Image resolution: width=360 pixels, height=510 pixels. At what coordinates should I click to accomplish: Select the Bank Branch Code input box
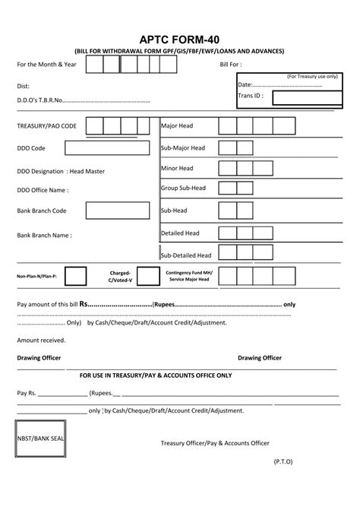tap(117, 211)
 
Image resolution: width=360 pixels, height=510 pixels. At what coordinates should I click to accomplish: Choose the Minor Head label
tap(177, 168)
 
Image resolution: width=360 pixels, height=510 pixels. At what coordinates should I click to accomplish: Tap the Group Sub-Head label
tap(183, 188)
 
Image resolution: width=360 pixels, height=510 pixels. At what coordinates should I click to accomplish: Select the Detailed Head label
tap(180, 233)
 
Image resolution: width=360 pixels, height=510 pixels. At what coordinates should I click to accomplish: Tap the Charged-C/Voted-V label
tap(120, 276)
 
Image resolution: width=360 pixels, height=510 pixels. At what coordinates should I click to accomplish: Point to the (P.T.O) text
tap(283, 482)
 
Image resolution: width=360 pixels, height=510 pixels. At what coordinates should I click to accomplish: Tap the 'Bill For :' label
tap(231, 66)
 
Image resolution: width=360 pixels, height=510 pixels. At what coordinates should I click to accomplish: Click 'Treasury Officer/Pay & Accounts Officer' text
tap(215, 443)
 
